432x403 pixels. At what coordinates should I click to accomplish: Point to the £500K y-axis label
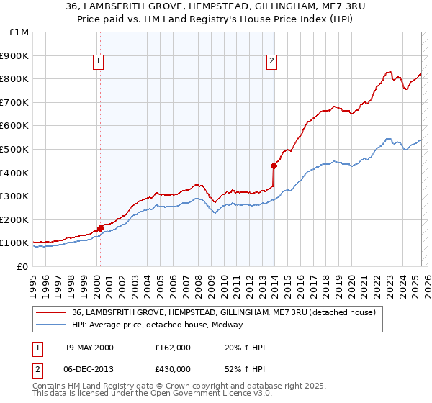tap(16, 149)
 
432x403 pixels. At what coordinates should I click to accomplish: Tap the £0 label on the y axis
tap(23, 266)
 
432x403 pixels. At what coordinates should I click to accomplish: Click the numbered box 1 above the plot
tap(97, 62)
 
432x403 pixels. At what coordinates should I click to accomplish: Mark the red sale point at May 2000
tap(101, 228)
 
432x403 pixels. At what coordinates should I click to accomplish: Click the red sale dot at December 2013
tap(274, 166)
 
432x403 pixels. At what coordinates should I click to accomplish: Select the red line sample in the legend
tap(51, 312)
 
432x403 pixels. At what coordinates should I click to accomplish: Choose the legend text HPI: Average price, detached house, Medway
tap(158, 325)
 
